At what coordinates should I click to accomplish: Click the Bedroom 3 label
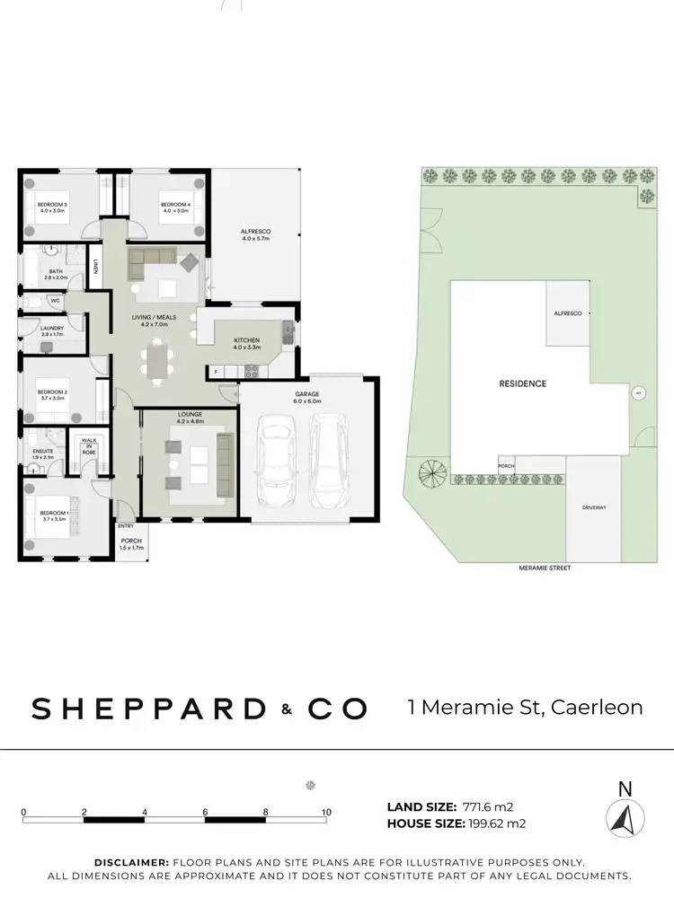point(52,208)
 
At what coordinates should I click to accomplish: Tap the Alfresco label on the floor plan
point(255,235)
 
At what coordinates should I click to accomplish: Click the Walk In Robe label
point(90,447)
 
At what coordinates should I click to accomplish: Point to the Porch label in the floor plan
point(131,543)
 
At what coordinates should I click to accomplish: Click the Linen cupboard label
point(95,267)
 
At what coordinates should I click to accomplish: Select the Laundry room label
point(52,330)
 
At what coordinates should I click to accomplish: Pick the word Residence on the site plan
point(522,383)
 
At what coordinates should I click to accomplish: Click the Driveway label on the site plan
point(594,507)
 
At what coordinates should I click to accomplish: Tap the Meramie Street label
point(545,568)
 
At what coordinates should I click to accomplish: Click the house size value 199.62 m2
point(495,823)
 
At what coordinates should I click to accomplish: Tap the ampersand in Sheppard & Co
point(286,709)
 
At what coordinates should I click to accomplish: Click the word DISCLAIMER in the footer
point(132,861)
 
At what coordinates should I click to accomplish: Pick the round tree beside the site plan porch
point(430,471)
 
